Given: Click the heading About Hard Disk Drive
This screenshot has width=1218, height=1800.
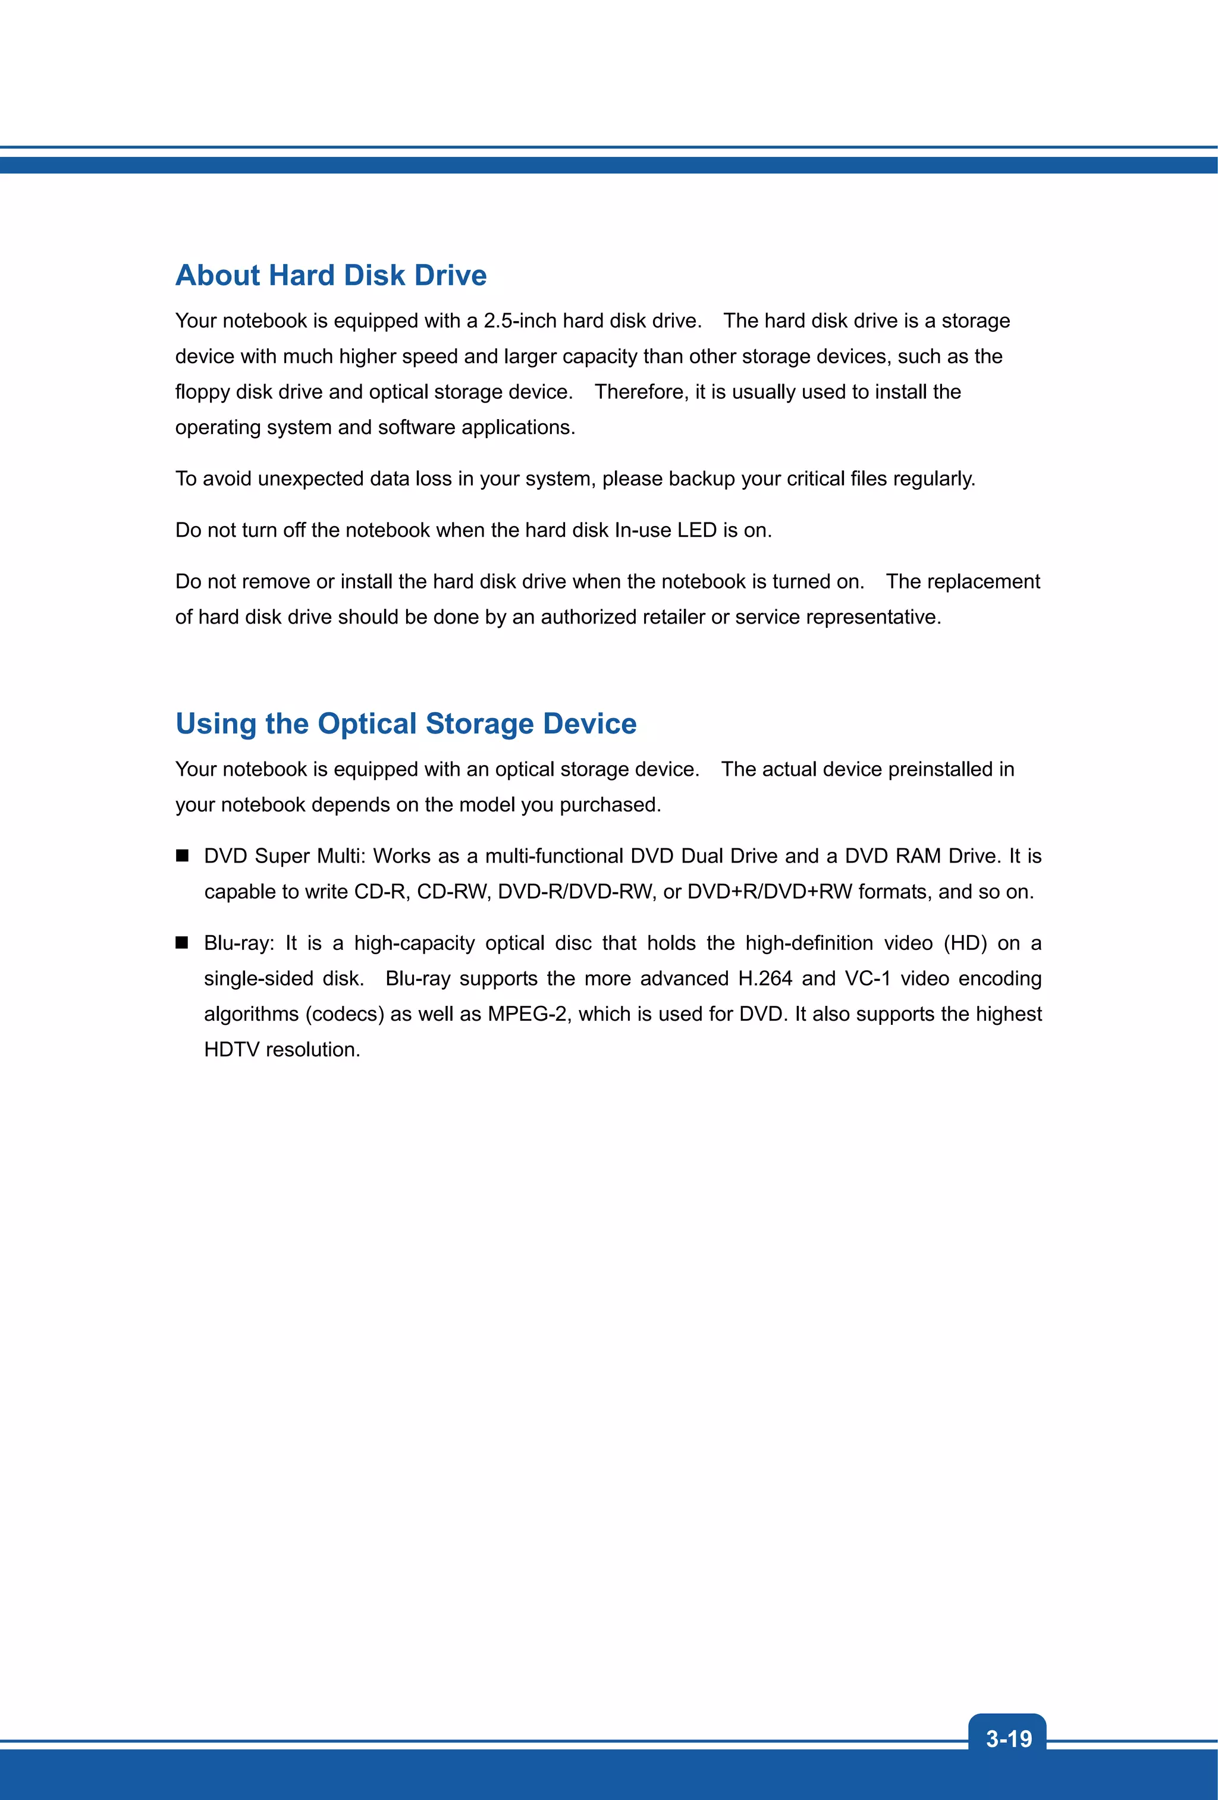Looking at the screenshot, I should pyautogui.click(x=331, y=276).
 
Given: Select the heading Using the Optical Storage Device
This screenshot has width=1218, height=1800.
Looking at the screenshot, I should pyautogui.click(x=406, y=723).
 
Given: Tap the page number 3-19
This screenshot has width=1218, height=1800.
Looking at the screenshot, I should pyautogui.click(x=1008, y=1739).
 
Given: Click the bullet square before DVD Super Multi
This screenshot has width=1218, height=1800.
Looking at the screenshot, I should pyautogui.click(x=182, y=856).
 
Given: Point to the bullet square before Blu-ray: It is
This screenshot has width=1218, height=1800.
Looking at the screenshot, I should pyautogui.click(x=182, y=943).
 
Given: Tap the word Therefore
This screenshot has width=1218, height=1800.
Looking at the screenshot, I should pyautogui.click(x=639, y=392).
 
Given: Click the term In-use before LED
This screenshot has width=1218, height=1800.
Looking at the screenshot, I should pyautogui.click(x=642, y=531).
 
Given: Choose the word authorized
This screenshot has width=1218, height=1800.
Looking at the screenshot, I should pyautogui.click(x=588, y=617).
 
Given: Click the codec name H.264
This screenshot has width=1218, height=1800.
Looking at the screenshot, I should pyautogui.click(x=765, y=979).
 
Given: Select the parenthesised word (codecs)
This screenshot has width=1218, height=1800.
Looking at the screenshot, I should pyautogui.click(x=344, y=1015).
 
